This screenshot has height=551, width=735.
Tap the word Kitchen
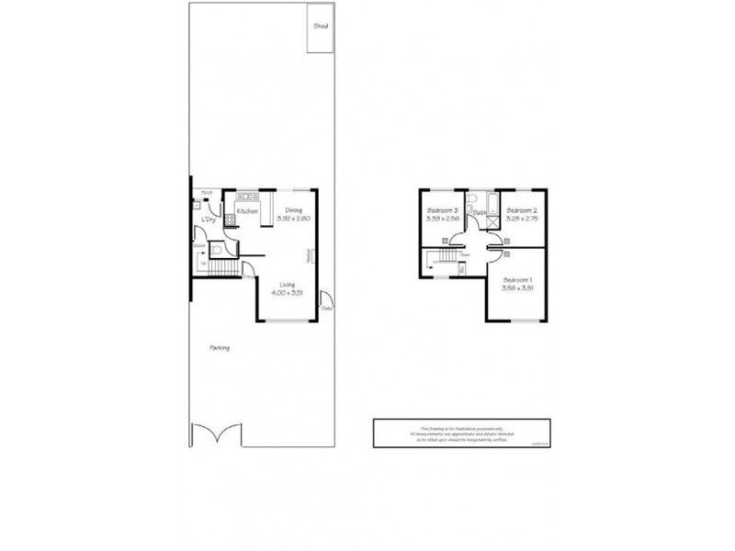247,212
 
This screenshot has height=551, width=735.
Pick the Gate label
326,309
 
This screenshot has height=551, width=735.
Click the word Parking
219,348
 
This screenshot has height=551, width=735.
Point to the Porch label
208,192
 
